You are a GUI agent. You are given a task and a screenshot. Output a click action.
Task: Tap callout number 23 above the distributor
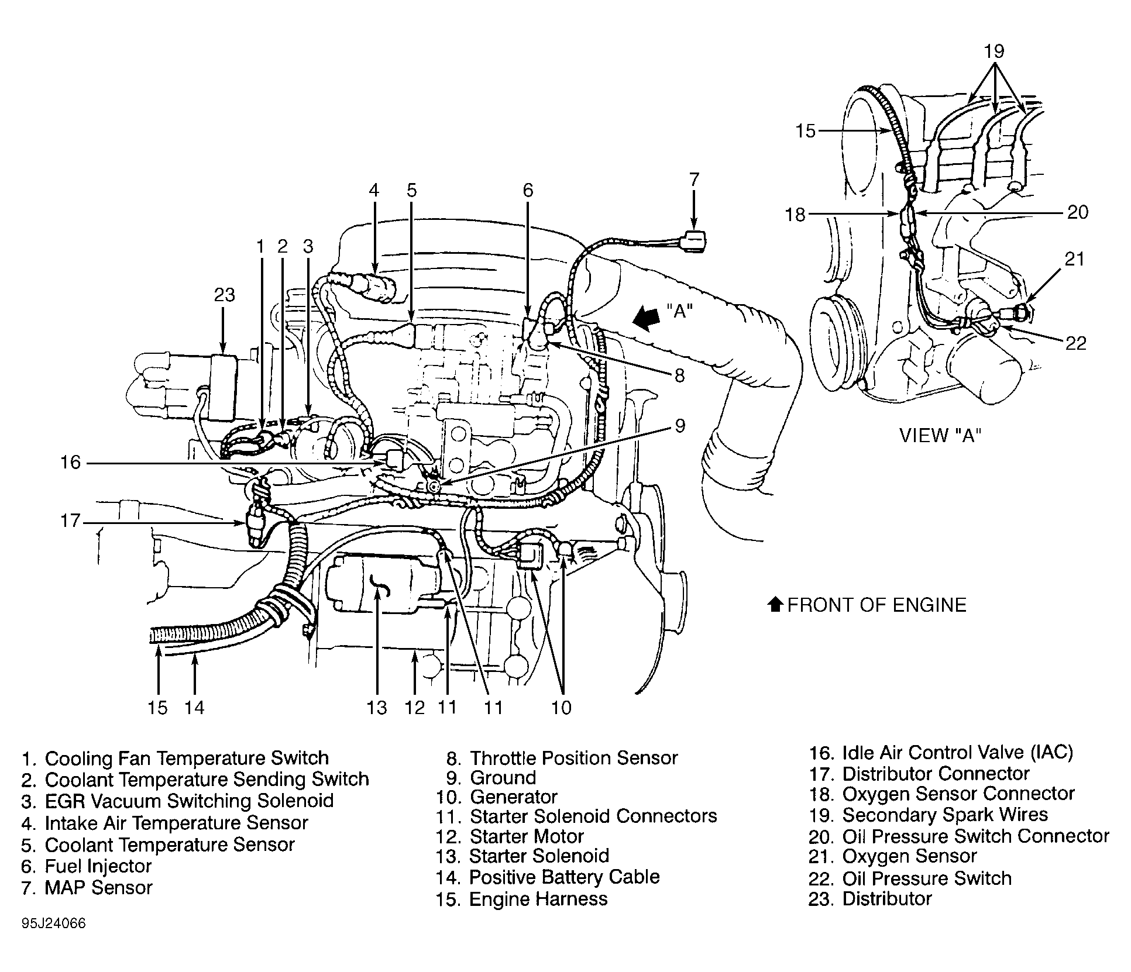[x=224, y=294]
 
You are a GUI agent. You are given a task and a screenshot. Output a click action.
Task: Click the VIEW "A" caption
[x=940, y=435]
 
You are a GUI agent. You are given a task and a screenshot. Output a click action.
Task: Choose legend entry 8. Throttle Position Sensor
[x=562, y=758]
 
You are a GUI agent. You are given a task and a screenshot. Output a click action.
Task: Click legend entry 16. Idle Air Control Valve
[x=941, y=752]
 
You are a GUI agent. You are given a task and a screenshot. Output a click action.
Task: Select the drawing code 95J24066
[x=54, y=923]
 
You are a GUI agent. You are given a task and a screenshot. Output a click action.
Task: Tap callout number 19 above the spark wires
[x=994, y=51]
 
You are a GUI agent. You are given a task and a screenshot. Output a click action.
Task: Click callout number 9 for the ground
[x=679, y=425]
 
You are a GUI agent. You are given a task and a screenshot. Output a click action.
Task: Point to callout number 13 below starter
[x=377, y=708]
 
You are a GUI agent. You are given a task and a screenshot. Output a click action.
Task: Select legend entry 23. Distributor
[x=870, y=898]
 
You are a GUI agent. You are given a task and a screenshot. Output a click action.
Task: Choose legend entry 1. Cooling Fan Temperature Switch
[x=176, y=758]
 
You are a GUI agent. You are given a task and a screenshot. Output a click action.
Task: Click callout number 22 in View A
[x=1075, y=343]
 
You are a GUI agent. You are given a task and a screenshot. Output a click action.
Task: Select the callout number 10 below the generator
[x=561, y=708]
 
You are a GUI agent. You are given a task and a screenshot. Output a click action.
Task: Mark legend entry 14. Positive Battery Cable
[x=548, y=877]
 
